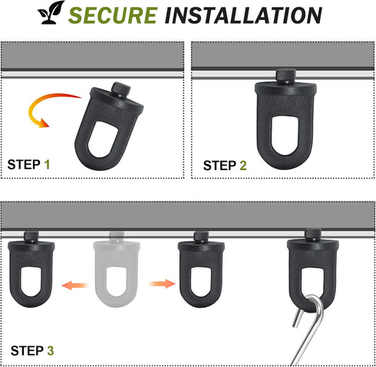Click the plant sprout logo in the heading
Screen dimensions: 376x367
(x=51, y=13)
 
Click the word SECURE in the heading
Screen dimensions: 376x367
(x=113, y=15)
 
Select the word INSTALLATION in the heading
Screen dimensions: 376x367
(x=243, y=15)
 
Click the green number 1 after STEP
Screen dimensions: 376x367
(x=47, y=165)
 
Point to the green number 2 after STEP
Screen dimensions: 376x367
(x=243, y=165)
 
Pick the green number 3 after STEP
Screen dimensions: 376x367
(x=51, y=351)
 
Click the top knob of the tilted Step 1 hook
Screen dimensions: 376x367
(x=120, y=90)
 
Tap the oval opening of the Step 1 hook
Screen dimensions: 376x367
(x=103, y=139)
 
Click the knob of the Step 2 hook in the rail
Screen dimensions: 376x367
(x=285, y=76)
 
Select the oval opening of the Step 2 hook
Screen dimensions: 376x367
(x=285, y=136)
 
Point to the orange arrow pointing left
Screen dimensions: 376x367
(x=74, y=285)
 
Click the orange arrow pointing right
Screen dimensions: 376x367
(x=162, y=283)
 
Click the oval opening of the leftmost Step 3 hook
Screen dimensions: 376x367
(x=31, y=282)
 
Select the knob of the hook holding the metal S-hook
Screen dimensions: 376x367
(x=313, y=235)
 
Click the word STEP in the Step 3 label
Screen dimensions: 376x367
(x=27, y=351)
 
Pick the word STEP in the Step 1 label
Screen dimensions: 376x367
(x=24, y=165)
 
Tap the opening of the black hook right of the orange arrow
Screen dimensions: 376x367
(x=201, y=282)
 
